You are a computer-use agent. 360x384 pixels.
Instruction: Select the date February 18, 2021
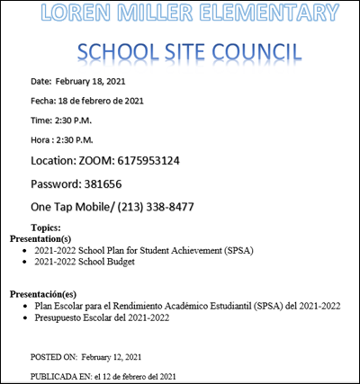coord(90,82)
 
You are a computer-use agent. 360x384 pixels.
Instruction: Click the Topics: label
coord(46,228)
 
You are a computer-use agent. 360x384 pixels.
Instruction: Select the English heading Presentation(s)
coord(40,239)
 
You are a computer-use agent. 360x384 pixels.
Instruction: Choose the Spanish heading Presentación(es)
coord(43,294)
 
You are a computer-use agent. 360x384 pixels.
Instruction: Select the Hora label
coord(40,139)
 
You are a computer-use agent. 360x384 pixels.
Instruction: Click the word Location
coord(53,161)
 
